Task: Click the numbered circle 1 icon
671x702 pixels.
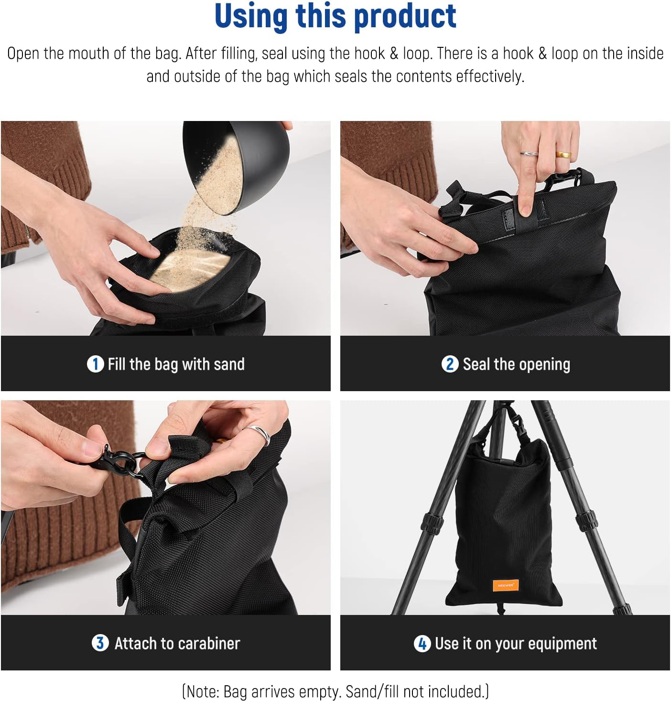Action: [x=95, y=364]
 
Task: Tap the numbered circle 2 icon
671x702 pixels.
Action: [x=449, y=364]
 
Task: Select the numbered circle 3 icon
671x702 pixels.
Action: [x=99, y=643]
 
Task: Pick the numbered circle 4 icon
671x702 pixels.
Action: [x=422, y=644]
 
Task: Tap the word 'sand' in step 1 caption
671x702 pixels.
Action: [x=229, y=364]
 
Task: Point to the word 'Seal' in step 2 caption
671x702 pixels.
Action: [x=476, y=364]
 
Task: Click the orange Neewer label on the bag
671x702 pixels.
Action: [x=506, y=585]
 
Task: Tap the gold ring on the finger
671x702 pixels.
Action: [x=563, y=154]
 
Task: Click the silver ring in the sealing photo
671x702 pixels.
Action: [x=529, y=154]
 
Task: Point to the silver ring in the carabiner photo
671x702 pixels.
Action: [x=259, y=433]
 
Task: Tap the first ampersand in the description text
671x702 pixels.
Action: [x=394, y=53]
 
